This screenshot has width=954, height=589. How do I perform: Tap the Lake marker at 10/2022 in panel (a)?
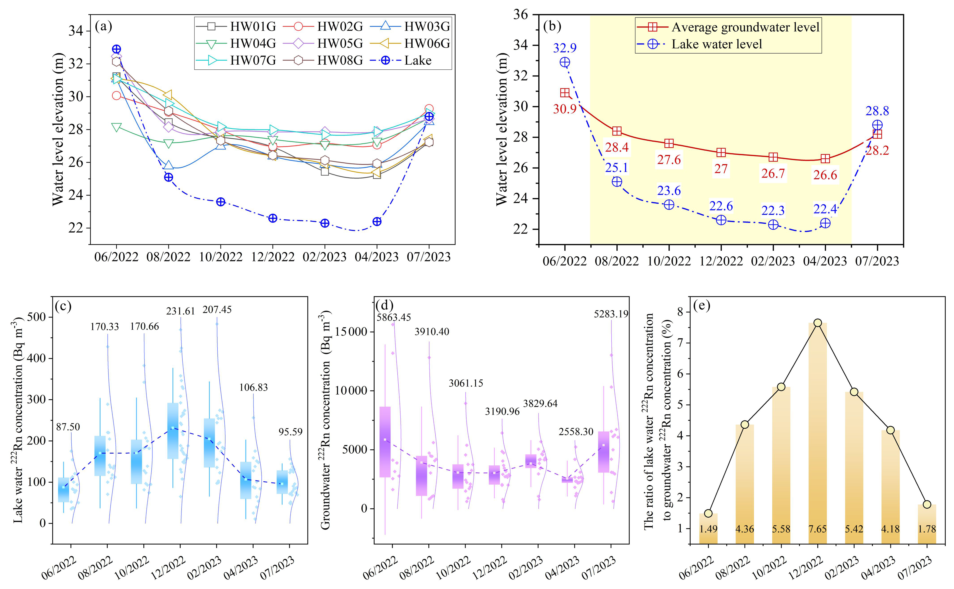(221, 202)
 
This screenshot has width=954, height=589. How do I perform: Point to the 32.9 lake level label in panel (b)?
(564, 48)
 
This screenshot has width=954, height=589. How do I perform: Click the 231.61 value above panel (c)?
(180, 311)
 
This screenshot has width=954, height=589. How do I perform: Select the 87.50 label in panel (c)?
(68, 427)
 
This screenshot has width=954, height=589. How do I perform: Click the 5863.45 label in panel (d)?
(393, 317)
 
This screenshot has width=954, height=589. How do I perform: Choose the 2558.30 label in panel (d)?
(576, 432)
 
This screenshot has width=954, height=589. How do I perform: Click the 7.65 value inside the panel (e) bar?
(817, 529)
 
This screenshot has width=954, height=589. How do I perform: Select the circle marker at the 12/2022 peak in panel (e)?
(817, 323)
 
